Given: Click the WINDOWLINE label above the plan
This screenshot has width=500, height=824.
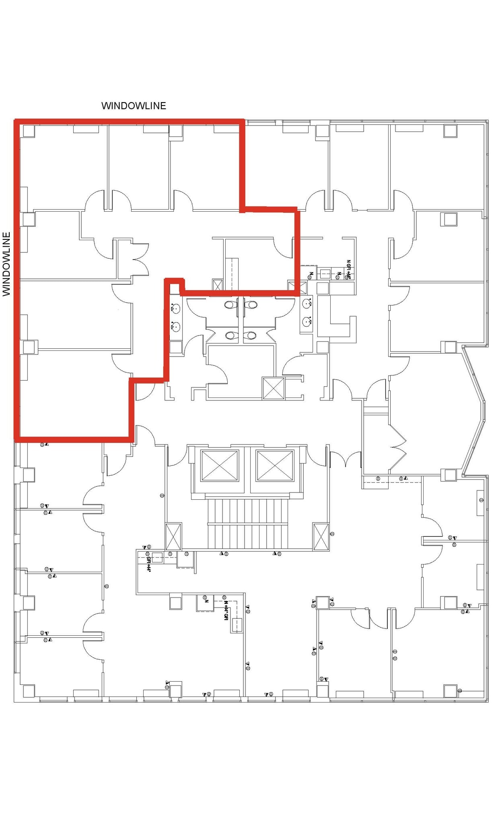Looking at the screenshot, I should (x=134, y=106).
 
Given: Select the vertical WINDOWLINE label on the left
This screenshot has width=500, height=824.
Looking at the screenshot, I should (x=6, y=264).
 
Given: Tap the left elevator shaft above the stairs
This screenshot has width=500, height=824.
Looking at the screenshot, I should (x=220, y=466).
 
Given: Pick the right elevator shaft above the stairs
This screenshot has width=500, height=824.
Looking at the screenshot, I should (x=275, y=466).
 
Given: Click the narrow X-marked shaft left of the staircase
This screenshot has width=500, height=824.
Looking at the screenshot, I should (x=173, y=536).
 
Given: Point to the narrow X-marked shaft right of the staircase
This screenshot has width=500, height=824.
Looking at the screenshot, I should (x=321, y=536).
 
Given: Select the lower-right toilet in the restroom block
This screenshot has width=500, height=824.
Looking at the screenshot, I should (x=251, y=335).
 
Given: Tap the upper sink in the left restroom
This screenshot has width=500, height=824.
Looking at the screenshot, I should (x=176, y=309).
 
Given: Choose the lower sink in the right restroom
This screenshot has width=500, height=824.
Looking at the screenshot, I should (x=307, y=321).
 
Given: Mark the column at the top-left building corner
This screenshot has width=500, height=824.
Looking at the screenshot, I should (x=29, y=131).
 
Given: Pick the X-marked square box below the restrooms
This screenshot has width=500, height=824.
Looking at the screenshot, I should (x=273, y=388).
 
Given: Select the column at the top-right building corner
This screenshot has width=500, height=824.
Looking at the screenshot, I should (x=451, y=131).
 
